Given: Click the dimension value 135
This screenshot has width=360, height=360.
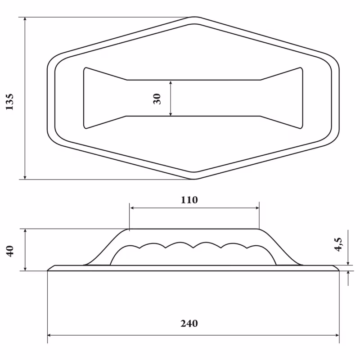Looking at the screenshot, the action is (x=9, y=102).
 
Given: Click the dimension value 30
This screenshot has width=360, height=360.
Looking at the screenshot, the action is (x=157, y=99).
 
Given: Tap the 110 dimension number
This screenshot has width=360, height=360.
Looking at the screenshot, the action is (x=189, y=200).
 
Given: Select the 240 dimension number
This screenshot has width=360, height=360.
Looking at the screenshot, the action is (x=189, y=324).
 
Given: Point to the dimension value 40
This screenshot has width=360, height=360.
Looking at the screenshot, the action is (x=10, y=251).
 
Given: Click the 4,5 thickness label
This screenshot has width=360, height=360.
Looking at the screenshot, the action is (x=338, y=244).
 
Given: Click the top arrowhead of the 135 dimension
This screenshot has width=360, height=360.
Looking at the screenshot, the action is (x=25, y=19).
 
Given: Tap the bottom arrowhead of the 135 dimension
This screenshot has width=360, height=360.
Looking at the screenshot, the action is (x=25, y=177).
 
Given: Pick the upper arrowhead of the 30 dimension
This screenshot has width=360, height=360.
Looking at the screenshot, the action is (x=171, y=83).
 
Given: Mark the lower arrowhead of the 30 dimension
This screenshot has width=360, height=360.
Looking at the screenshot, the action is (x=171, y=114).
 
